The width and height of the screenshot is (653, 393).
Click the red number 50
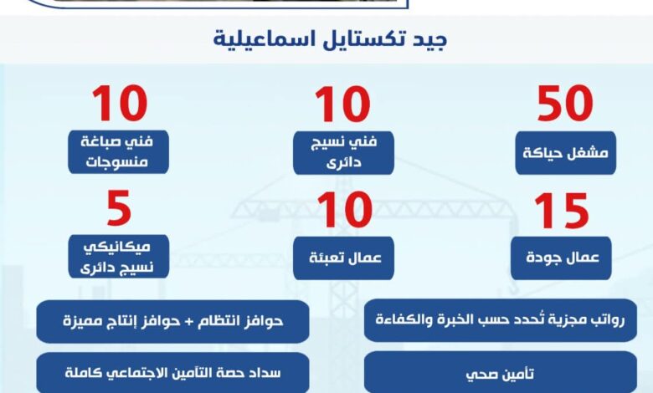(x=565, y=105)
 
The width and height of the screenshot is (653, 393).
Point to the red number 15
(x=563, y=212)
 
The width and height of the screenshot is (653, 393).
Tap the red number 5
(x=120, y=210)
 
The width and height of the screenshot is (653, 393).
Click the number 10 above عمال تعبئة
(x=342, y=212)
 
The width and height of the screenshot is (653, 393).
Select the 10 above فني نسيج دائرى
(x=342, y=105)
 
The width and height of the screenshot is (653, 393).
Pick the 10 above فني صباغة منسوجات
(x=120, y=105)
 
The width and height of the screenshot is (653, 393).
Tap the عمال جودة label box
(x=561, y=258)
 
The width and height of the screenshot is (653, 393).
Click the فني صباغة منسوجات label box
(x=120, y=151)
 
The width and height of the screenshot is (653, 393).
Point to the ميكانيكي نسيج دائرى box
(x=120, y=257)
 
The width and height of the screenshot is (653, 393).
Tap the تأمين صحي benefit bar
(x=500, y=371)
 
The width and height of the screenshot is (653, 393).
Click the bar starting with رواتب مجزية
(x=500, y=320)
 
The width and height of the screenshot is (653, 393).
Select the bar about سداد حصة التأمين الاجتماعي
(x=173, y=371)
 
